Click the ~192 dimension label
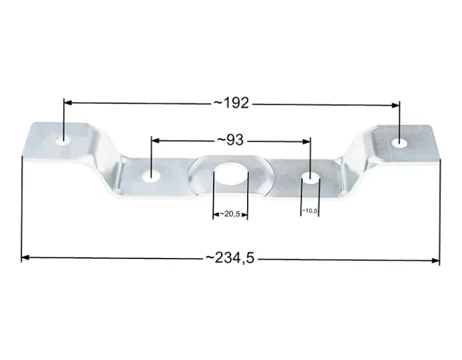point(231,103)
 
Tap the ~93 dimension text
point(230,140)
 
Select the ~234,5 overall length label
point(230,258)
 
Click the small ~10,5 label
point(309,210)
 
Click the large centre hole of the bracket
point(231,174)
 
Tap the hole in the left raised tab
point(63,140)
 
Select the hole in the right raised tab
point(399,143)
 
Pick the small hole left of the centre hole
point(151,177)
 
